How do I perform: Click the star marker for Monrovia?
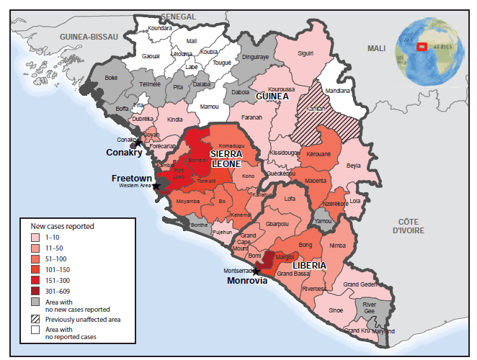pos(256,271)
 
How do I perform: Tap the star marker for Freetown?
pos(155,186)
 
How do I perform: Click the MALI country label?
pos(376,48)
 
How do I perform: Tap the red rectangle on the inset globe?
pos(422,48)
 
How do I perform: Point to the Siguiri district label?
pos(306,53)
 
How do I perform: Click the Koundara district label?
pos(159,28)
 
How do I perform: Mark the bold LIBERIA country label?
pos(310,266)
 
